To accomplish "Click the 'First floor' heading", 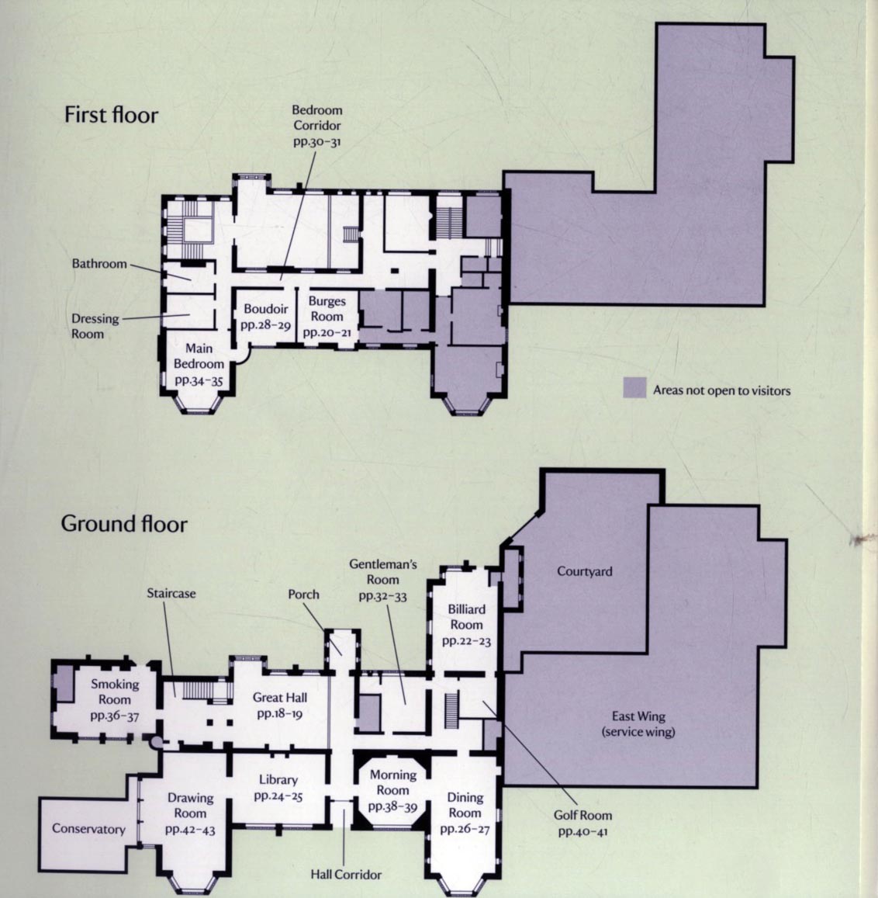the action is coord(111,115).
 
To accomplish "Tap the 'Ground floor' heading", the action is coord(124,524).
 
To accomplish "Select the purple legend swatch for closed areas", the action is coord(634,387).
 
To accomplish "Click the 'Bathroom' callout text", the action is coord(99,263).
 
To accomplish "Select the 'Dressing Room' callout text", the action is coord(95,326).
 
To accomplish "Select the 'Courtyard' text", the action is coord(584,571).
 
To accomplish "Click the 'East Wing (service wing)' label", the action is coord(638,724).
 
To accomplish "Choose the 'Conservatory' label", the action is coord(88,829).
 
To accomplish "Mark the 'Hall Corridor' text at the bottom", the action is coord(346,875).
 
